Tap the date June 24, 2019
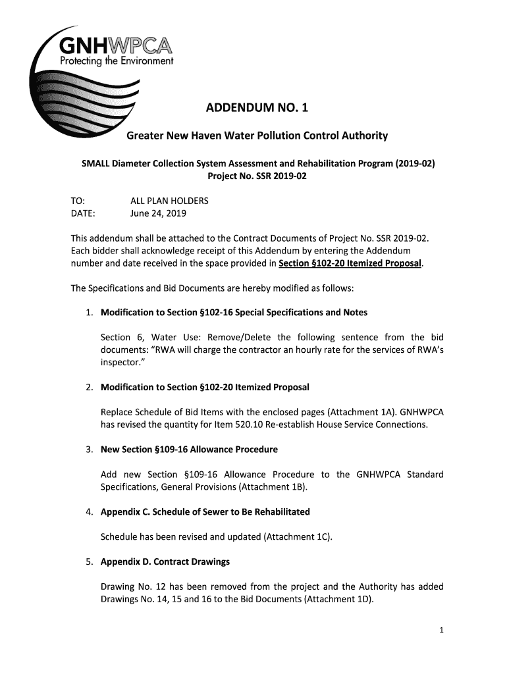click(159, 213)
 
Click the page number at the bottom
click(442, 630)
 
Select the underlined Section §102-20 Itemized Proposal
click(350, 264)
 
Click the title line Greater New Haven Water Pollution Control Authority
click(257, 136)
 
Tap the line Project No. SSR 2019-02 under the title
click(257, 176)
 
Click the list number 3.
click(88, 450)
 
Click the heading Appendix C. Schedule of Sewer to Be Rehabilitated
click(205, 511)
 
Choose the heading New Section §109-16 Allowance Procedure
click(189, 450)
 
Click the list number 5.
click(88, 562)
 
